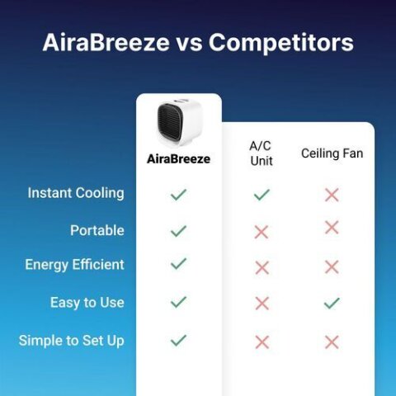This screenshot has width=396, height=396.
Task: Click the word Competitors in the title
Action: (281, 43)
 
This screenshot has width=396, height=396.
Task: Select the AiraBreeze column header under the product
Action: (179, 159)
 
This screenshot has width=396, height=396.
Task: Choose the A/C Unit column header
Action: (262, 153)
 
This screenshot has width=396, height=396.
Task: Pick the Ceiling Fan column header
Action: (332, 153)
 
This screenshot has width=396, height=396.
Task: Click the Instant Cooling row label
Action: (76, 193)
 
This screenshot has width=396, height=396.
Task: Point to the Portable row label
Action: (97, 230)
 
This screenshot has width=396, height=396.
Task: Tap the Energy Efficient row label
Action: (75, 265)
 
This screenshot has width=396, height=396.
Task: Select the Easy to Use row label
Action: (87, 303)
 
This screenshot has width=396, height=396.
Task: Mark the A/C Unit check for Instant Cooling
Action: (262, 195)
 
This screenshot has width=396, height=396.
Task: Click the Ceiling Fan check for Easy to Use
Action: (332, 304)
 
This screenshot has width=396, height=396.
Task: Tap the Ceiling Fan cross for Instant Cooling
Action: (332, 195)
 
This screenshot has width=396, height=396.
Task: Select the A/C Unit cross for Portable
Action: (262, 232)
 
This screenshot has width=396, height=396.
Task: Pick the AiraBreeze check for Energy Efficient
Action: (178, 264)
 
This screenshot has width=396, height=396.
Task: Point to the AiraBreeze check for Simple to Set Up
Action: (178, 340)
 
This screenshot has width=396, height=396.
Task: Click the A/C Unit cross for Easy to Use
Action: (262, 304)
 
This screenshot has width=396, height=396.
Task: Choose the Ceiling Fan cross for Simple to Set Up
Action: (332, 342)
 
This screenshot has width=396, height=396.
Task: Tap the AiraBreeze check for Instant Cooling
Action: (178, 195)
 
